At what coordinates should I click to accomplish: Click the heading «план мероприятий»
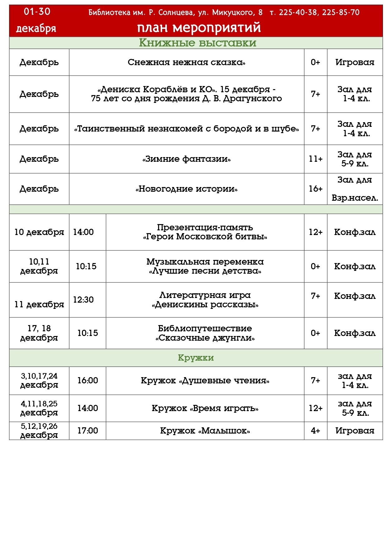click(x=199, y=28)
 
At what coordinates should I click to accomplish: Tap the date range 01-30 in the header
click(x=37, y=12)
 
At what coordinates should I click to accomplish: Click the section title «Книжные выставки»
click(x=197, y=43)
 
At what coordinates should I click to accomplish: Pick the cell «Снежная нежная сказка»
click(x=186, y=62)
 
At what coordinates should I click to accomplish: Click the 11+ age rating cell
click(x=315, y=159)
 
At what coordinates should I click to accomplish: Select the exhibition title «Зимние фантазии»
click(x=186, y=159)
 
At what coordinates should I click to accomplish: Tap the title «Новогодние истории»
click(x=186, y=189)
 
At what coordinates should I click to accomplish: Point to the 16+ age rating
click(x=315, y=189)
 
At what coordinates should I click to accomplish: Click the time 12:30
click(x=83, y=300)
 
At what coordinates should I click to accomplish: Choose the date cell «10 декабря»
click(x=39, y=232)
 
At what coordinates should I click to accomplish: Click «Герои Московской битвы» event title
click(x=205, y=237)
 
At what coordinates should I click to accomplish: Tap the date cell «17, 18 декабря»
click(x=39, y=333)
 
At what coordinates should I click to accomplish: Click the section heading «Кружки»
click(x=196, y=358)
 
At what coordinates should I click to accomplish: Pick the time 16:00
click(x=88, y=381)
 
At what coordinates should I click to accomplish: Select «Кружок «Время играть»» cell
click(x=205, y=408)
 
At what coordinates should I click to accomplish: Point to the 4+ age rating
click(x=315, y=431)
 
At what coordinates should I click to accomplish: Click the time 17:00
click(x=88, y=431)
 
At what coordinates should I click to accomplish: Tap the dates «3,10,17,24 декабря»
click(x=39, y=381)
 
